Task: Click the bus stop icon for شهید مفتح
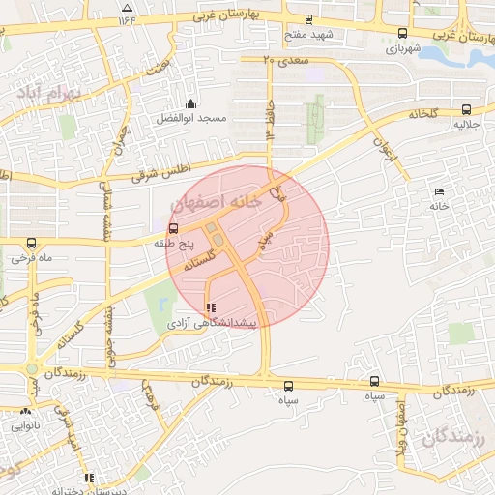(x=308, y=18)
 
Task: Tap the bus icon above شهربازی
(x=402, y=32)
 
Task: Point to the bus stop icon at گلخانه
(x=467, y=108)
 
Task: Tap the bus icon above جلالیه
(x=467, y=108)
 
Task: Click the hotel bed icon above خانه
(x=440, y=191)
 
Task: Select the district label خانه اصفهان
(x=216, y=202)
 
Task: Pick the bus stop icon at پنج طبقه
(x=173, y=229)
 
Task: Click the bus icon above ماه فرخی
(x=32, y=244)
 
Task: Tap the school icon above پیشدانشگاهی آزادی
(x=212, y=308)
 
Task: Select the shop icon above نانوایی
(x=25, y=411)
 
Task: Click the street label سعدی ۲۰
(x=283, y=60)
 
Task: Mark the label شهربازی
(x=403, y=46)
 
